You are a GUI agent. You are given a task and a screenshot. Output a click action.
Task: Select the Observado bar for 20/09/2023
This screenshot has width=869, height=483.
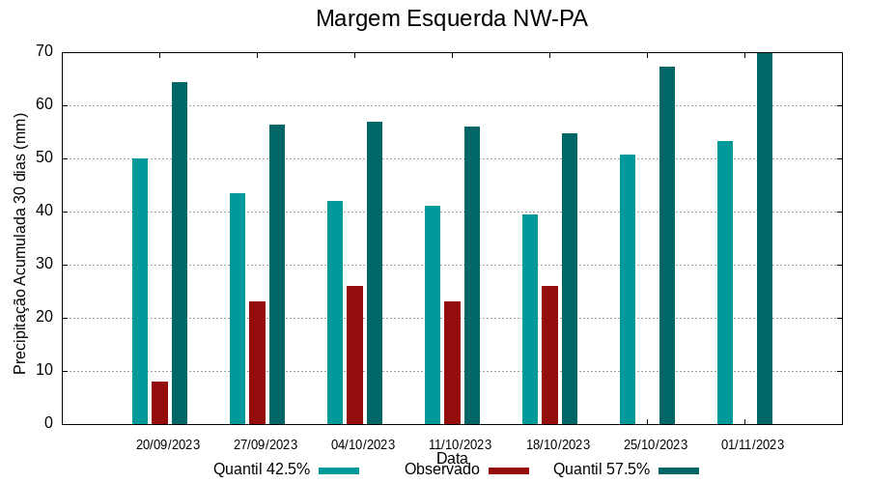tap(159, 403)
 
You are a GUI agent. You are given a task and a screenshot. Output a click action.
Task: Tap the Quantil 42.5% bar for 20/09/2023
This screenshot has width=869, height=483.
tap(140, 291)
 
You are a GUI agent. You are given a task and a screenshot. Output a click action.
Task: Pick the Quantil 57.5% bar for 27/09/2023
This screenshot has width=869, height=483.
tap(277, 274)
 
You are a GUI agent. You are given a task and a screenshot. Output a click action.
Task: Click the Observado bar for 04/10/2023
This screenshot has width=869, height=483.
tap(354, 355)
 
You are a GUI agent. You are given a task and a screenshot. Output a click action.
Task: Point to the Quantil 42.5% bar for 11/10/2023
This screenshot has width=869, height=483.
tap(433, 315)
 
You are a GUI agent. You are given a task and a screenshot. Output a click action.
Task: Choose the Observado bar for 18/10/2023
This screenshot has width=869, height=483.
tap(549, 355)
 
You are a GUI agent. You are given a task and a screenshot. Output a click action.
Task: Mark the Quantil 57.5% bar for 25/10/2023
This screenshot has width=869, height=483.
tap(667, 245)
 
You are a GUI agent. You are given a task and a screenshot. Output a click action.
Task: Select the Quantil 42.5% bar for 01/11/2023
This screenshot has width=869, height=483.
tap(725, 282)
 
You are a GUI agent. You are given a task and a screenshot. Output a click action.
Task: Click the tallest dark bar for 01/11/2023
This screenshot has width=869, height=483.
tap(765, 239)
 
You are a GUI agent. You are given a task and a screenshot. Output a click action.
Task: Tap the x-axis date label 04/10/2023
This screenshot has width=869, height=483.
tap(363, 445)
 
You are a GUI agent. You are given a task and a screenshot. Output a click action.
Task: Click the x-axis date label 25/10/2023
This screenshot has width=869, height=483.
tap(656, 445)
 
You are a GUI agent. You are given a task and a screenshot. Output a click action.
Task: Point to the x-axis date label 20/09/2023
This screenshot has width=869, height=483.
tap(168, 445)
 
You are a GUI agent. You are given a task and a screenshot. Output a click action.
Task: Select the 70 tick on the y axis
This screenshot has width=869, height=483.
tap(44, 51)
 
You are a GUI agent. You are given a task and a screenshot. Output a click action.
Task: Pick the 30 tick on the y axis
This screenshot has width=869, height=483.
tap(44, 265)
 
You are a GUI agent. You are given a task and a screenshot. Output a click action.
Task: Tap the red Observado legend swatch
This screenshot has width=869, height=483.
tap(509, 470)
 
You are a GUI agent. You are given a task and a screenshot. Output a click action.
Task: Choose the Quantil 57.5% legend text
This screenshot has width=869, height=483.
tap(601, 469)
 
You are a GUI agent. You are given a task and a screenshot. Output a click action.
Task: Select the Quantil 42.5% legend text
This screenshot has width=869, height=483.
tap(262, 469)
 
